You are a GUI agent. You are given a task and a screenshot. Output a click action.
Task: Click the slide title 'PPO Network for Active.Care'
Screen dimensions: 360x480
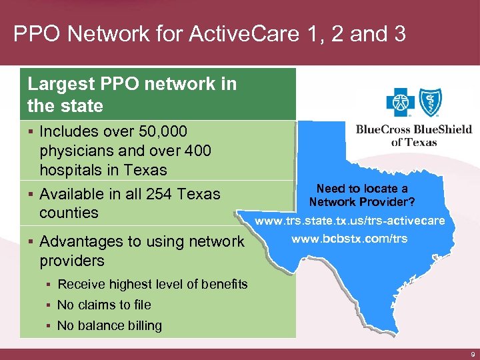[x=209, y=34]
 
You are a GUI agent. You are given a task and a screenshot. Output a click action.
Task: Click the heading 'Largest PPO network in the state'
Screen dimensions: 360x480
[x=132, y=95]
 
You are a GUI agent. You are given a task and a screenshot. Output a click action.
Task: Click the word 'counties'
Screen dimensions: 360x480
[x=69, y=213]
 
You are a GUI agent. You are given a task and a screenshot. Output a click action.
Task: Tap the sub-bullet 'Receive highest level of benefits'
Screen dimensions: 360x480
[x=152, y=285]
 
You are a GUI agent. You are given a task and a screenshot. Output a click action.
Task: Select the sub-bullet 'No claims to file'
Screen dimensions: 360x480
[x=104, y=305]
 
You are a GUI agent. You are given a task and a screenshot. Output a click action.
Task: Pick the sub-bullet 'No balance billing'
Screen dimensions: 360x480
[x=109, y=325]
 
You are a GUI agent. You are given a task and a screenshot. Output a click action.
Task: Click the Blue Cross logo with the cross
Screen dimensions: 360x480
[x=400, y=103]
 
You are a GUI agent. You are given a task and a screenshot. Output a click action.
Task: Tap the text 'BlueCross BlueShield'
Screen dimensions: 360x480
[x=413, y=130]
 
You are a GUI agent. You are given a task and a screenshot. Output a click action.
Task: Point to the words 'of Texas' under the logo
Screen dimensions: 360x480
[x=413, y=142]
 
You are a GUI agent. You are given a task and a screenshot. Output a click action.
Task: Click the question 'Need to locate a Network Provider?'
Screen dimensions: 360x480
[x=362, y=195]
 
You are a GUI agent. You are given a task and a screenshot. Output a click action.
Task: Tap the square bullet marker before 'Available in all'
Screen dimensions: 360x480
[x=31, y=195]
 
